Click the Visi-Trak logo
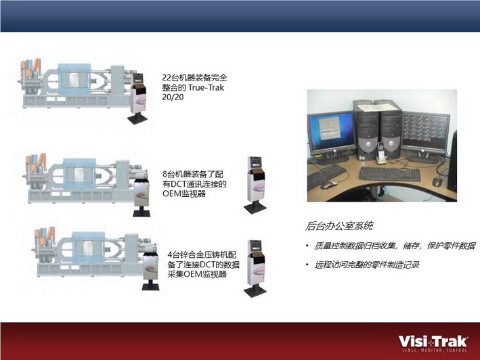pyautogui.click(x=433, y=344)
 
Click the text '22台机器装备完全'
pyautogui.click(x=195, y=78)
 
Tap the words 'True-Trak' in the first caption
pyautogui.click(x=206, y=87)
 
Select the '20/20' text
pyautogui.click(x=173, y=97)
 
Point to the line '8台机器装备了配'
pyautogui.click(x=193, y=175)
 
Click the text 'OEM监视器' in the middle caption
pyautogui.click(x=184, y=194)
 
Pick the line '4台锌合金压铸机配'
pyautogui.click(x=202, y=255)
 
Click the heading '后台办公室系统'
pyautogui.click(x=339, y=226)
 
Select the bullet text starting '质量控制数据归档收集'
pyautogui.click(x=395, y=246)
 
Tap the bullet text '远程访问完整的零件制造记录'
pyautogui.click(x=366, y=265)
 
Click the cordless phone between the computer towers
pyautogui.click(x=381, y=153)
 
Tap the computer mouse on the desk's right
pyautogui.click(x=437, y=181)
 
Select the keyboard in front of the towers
pyautogui.click(x=390, y=174)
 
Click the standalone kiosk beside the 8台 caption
pyautogui.click(x=256, y=185)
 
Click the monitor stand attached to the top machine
pyautogui.click(x=137, y=98)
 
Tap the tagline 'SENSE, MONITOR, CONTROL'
pyautogui.click(x=435, y=350)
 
